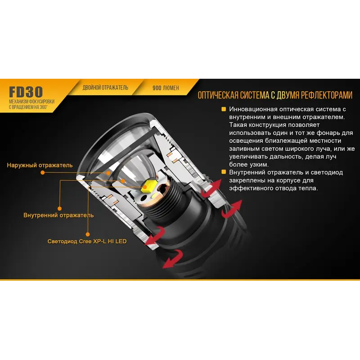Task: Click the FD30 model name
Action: (26, 92)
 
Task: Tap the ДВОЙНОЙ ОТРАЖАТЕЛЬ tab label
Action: (105, 88)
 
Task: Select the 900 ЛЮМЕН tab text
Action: (166, 88)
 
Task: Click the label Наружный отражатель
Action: (40, 165)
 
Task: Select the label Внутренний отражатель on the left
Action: (58, 216)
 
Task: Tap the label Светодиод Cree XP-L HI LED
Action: (87, 241)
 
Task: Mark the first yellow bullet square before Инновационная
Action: (224, 109)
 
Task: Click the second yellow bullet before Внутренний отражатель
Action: (224, 172)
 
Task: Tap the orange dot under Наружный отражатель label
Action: (42, 172)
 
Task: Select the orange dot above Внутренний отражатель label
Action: (59, 208)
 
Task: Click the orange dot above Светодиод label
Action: (88, 234)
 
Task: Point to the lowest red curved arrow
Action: (173, 258)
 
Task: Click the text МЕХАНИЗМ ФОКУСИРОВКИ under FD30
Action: (31, 102)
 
